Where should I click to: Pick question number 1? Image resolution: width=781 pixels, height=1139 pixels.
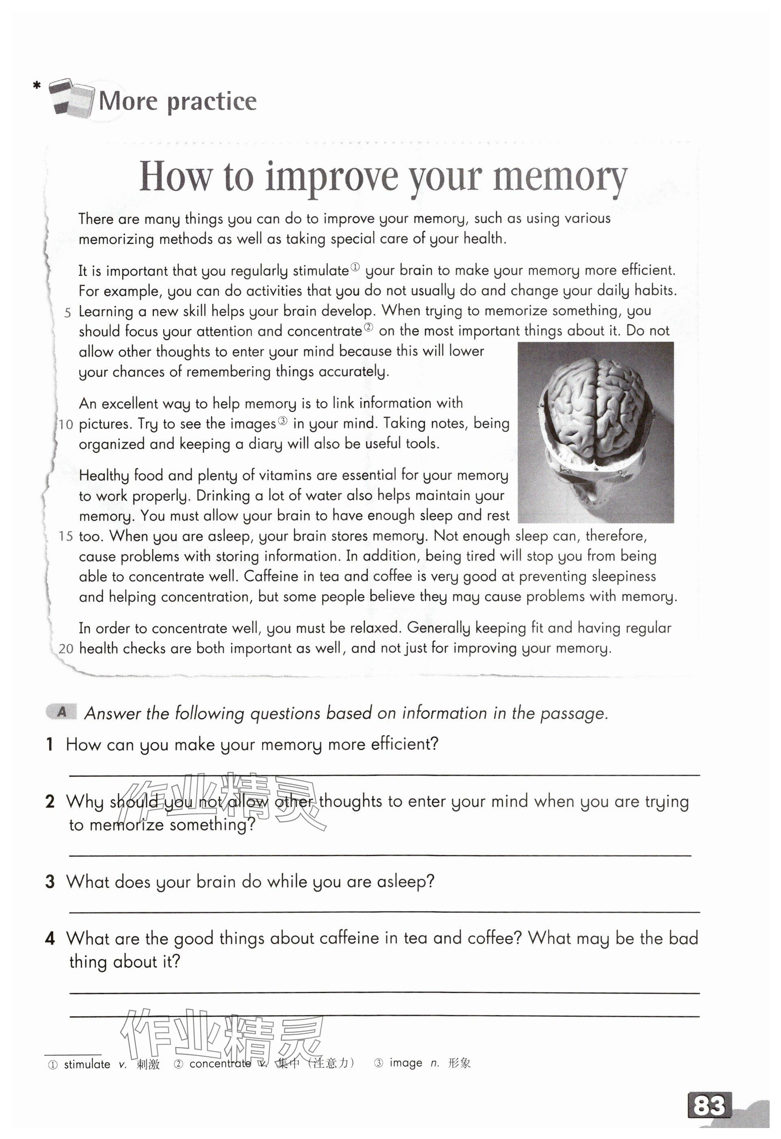click(50, 744)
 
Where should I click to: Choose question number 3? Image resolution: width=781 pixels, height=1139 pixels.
click(50, 882)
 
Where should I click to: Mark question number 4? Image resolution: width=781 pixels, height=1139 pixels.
click(50, 939)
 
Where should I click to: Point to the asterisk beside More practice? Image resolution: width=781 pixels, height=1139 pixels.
click(36, 86)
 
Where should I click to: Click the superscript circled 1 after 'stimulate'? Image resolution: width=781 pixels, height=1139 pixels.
click(355, 267)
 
